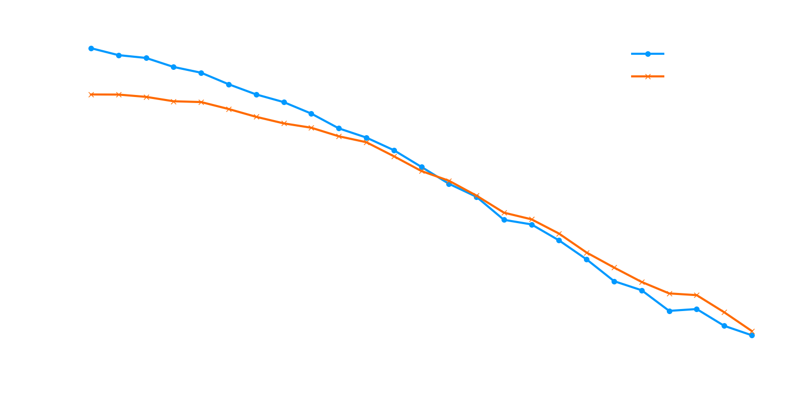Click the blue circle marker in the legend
point(648,54)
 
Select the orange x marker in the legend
point(648,76)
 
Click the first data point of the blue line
point(91,48)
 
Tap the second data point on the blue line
point(119,55)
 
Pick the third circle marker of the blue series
point(146,58)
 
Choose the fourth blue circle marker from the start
point(173,67)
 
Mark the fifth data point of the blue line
point(201,73)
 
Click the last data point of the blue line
point(752,335)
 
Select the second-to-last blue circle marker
point(724,326)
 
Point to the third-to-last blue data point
point(696,309)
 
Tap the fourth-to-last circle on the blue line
point(669,311)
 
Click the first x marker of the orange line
point(91,94)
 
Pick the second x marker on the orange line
point(119,94)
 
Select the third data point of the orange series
point(146,97)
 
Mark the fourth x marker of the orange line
point(173,102)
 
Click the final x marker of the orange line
point(752,332)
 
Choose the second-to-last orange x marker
point(724,313)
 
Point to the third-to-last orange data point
point(696,295)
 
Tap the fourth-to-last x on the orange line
point(669,293)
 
